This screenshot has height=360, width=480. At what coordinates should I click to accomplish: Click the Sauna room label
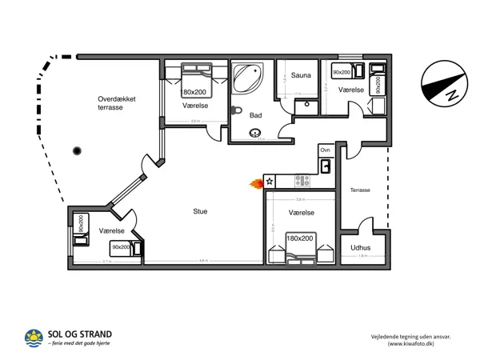pyautogui.click(x=301, y=74)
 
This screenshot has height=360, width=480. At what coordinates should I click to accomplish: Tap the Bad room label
pyautogui.click(x=255, y=115)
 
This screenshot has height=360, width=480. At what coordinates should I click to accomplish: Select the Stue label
pyautogui.click(x=200, y=211)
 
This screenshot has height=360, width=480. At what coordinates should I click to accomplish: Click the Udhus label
pyautogui.click(x=361, y=247)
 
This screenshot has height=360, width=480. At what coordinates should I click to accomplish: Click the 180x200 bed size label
pyautogui.click(x=300, y=238)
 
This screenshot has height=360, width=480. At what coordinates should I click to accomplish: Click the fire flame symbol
pyautogui.click(x=256, y=183)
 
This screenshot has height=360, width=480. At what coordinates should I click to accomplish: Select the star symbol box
pyautogui.click(x=270, y=182)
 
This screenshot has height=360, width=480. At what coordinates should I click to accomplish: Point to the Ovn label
pyautogui.click(x=325, y=150)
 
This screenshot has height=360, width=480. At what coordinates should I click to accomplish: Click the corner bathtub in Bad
pyautogui.click(x=248, y=78)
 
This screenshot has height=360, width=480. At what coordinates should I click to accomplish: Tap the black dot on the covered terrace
pyautogui.click(x=78, y=150)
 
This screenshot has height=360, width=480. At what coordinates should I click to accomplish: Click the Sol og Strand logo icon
pyautogui.click(x=34, y=338)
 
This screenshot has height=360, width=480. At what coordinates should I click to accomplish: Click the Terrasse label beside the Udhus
pyautogui.click(x=360, y=190)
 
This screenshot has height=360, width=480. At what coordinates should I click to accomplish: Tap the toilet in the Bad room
pyautogui.click(x=236, y=110)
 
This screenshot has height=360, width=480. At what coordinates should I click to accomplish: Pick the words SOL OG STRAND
pyautogui.click(x=80, y=334)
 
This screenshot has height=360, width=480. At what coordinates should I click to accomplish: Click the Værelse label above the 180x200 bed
pyautogui.click(x=301, y=214)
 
